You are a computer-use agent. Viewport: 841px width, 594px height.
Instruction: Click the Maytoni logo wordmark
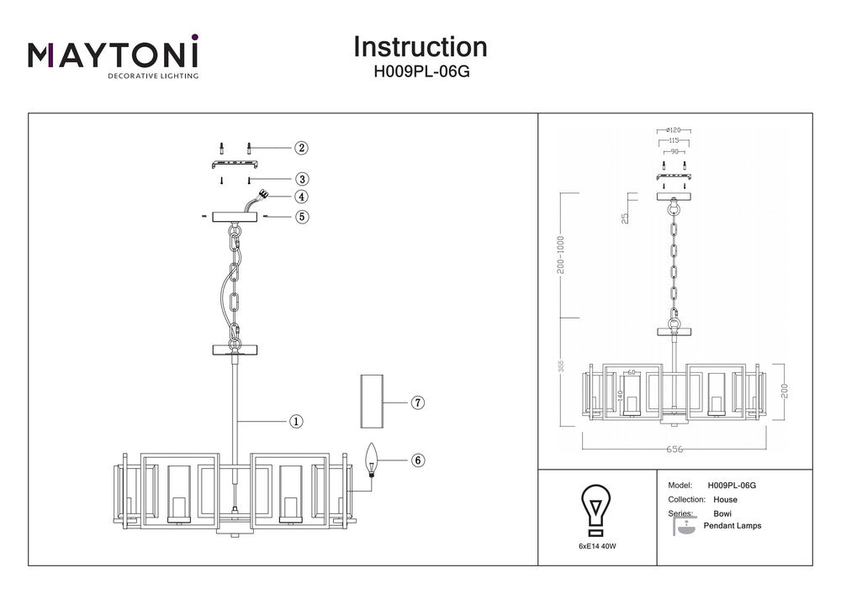[x=114, y=55]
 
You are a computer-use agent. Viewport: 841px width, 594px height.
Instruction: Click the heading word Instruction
[x=420, y=46]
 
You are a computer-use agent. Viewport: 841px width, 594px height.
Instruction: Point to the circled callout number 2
[x=301, y=148]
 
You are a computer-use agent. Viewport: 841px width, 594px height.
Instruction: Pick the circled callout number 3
[x=301, y=179]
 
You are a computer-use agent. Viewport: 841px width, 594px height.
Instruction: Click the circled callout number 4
[x=301, y=197]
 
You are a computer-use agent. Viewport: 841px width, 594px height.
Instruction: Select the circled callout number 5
[x=301, y=217]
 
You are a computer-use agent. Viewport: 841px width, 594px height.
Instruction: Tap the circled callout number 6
[x=418, y=460]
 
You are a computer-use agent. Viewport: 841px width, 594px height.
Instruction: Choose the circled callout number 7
[x=418, y=402]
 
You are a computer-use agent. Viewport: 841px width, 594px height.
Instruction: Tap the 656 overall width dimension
[x=674, y=449]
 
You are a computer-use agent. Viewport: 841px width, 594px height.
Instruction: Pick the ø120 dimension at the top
[x=672, y=130]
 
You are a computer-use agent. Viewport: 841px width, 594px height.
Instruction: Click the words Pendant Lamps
[x=737, y=526]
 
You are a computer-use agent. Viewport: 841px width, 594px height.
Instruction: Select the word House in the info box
[x=725, y=499]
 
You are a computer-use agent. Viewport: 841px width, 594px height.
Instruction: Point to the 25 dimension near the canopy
[x=625, y=218]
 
